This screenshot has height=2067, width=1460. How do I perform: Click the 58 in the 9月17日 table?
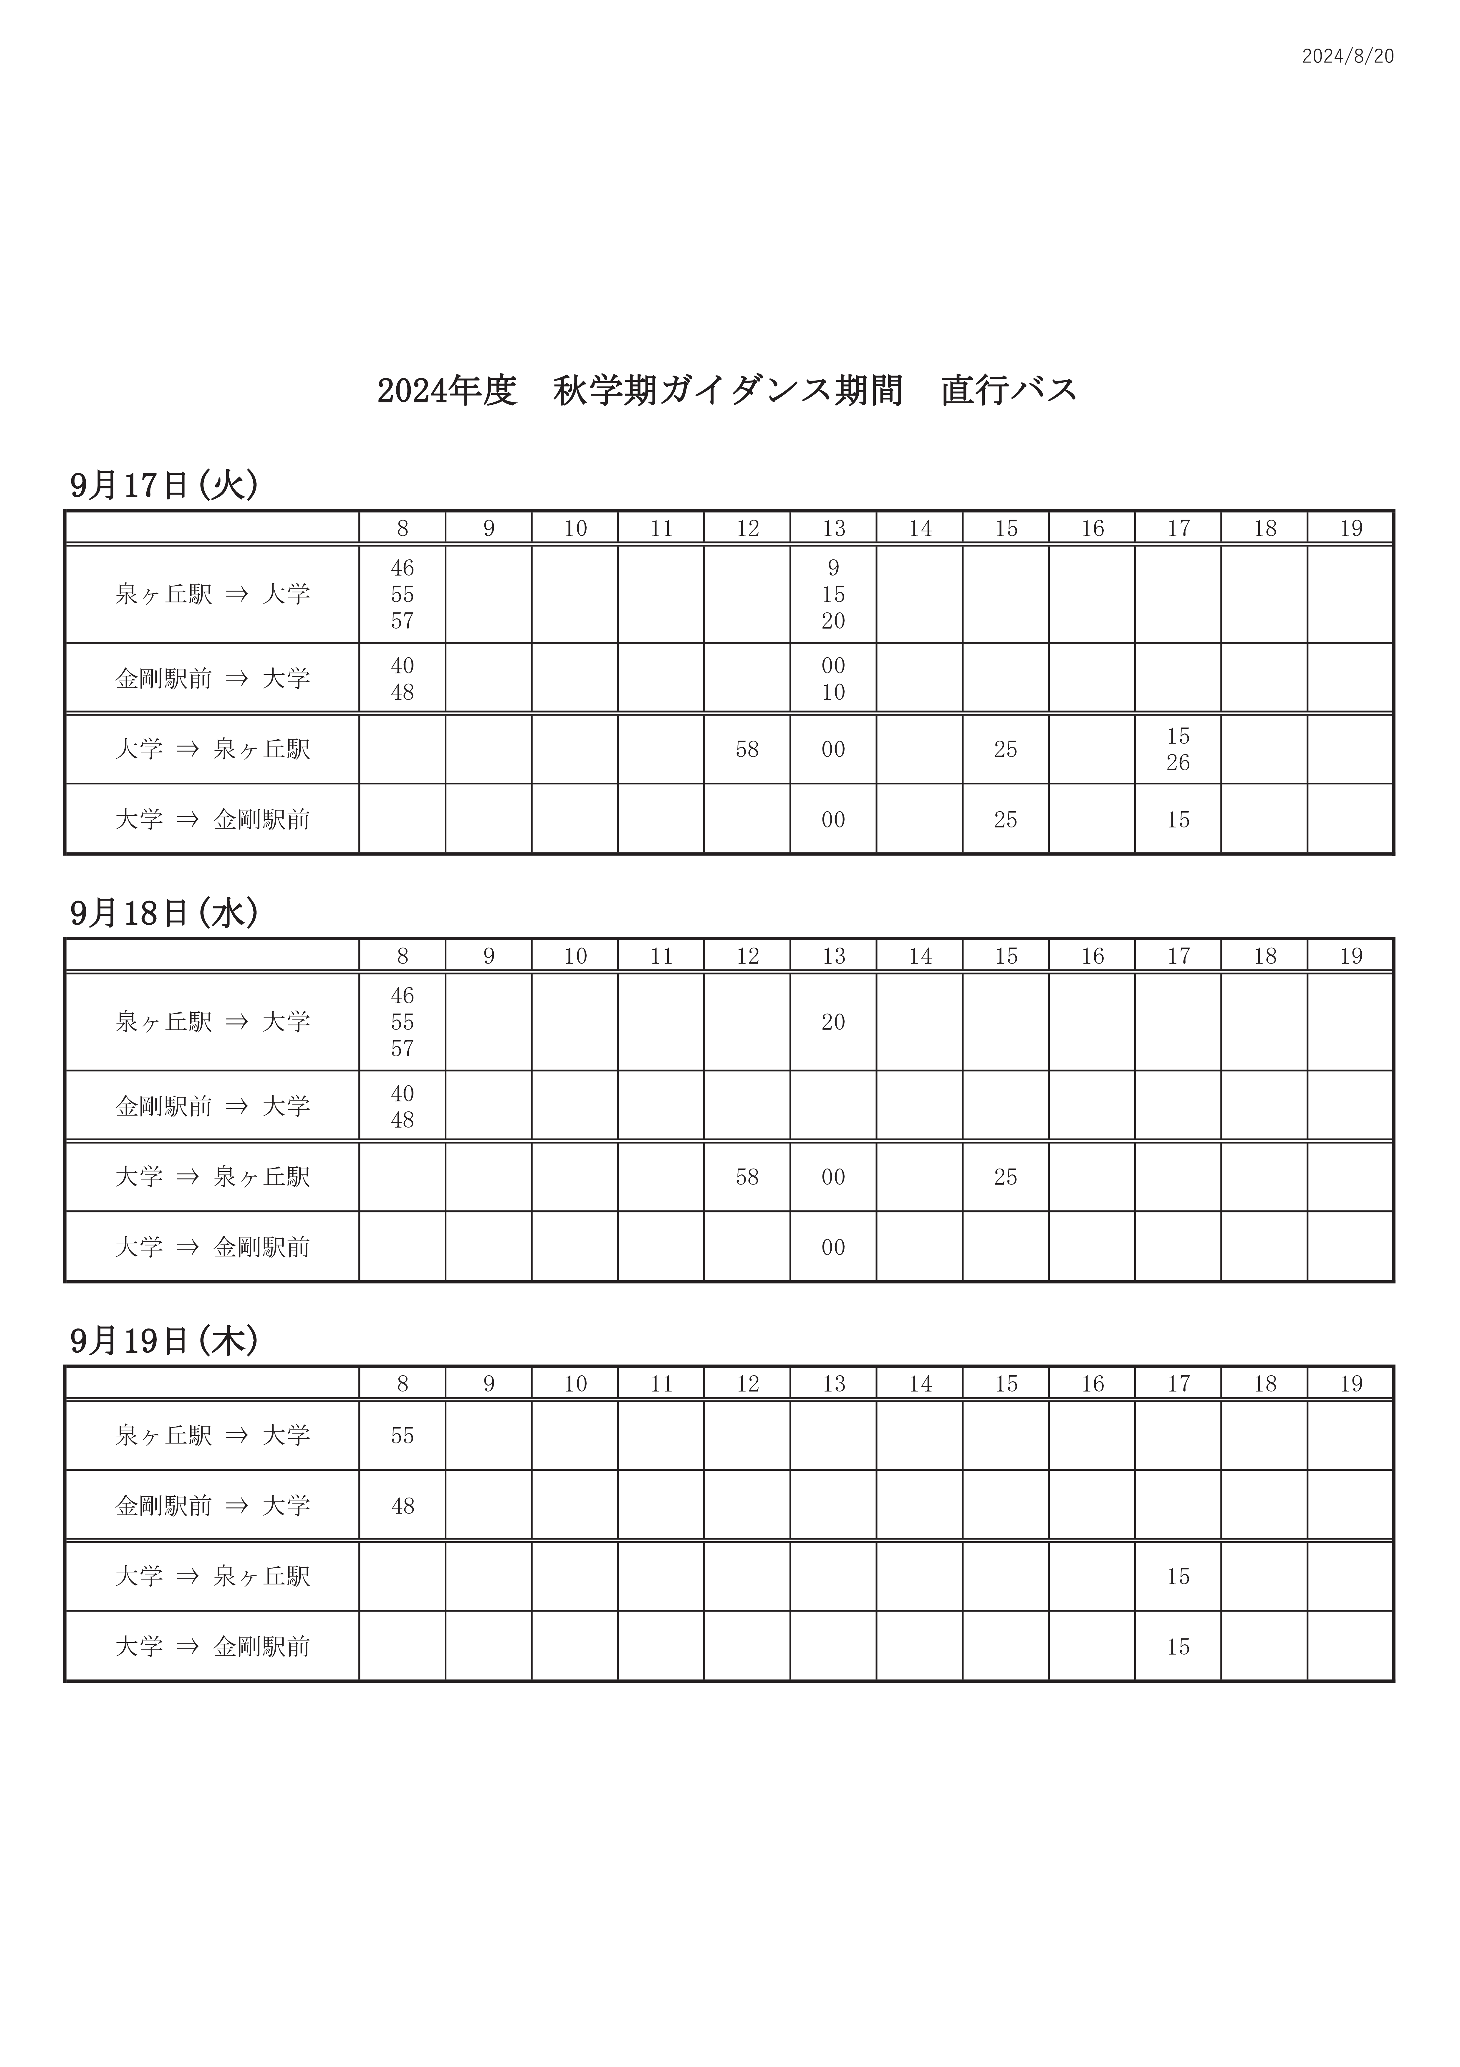pyautogui.click(x=747, y=749)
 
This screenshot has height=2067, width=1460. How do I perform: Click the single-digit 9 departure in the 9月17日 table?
pyautogui.click(x=834, y=568)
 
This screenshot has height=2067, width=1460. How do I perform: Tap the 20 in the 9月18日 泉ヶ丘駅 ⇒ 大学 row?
pyautogui.click(x=834, y=1022)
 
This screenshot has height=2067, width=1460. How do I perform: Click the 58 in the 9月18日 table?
pyautogui.click(x=747, y=1177)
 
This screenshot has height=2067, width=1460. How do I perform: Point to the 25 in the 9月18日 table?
pyautogui.click(x=1005, y=1177)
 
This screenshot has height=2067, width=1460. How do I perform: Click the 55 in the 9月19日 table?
pyautogui.click(x=402, y=1436)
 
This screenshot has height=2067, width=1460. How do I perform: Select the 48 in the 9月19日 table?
pyautogui.click(x=402, y=1506)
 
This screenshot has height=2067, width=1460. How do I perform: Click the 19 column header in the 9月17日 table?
pyautogui.click(x=1350, y=528)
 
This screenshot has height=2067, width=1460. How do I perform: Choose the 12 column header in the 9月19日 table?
pyautogui.click(x=747, y=1384)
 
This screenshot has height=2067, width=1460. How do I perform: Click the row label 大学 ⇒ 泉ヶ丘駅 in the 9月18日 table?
pyautogui.click(x=212, y=1177)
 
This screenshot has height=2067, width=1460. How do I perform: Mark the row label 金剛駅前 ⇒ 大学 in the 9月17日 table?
pyautogui.click(x=212, y=678)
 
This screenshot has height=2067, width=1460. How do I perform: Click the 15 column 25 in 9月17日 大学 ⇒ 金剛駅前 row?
pyautogui.click(x=1005, y=819)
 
